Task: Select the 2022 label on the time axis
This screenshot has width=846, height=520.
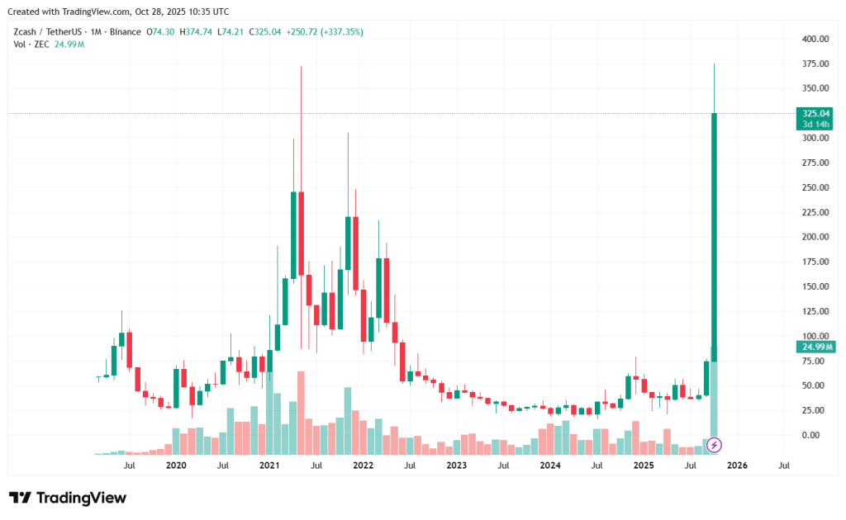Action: tap(363, 466)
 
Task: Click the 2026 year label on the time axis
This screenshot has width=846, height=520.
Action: tap(737, 466)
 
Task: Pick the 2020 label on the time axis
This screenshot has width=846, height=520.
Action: tap(176, 466)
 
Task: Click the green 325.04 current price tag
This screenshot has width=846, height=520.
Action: tap(815, 113)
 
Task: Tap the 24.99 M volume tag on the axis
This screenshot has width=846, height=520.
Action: tap(815, 347)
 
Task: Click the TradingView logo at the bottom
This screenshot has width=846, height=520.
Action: tap(69, 498)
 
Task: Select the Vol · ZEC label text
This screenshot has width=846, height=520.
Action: tap(30, 44)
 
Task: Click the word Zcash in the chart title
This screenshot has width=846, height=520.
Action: tap(26, 31)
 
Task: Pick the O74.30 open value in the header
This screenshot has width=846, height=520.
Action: tap(159, 31)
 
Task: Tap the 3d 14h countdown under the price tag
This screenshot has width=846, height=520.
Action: tap(815, 124)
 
